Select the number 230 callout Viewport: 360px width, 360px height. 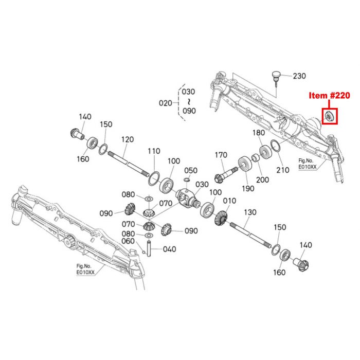[x=299, y=76]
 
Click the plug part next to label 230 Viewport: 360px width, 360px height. [x=277, y=77]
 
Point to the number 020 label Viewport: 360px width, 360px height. [x=165, y=103]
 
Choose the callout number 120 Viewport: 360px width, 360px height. [x=128, y=140]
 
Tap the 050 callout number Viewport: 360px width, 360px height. [x=191, y=170]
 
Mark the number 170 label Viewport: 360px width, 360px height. [x=221, y=154]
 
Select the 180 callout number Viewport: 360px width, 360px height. [x=259, y=133]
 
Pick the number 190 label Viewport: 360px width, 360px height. [x=249, y=189]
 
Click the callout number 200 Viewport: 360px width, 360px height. [x=263, y=179]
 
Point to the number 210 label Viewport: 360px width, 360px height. [x=283, y=170]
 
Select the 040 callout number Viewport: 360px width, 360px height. [x=169, y=249]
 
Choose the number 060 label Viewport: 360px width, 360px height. [x=128, y=241]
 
